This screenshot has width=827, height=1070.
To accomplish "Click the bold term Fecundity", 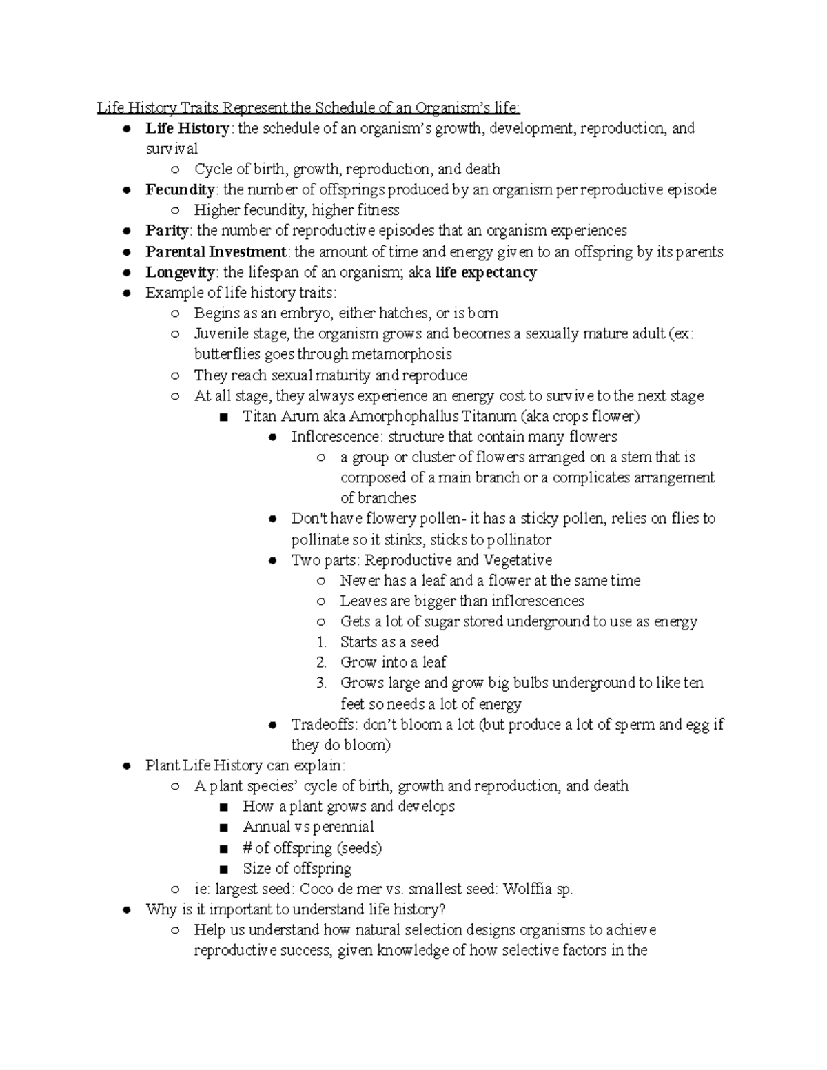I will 180,189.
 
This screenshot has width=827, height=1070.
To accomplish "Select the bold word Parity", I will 167,231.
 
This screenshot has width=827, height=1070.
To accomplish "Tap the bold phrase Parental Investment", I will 216,251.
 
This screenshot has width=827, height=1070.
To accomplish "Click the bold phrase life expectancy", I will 486,272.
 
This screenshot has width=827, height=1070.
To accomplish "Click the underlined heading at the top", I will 309,107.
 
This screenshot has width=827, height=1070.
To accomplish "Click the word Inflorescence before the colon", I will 336,437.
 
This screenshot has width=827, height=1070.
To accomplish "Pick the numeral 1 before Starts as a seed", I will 321,642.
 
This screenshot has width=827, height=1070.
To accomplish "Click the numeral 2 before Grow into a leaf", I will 321,663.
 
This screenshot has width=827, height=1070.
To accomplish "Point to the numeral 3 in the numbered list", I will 321,683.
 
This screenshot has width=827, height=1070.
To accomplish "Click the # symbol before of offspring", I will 247,848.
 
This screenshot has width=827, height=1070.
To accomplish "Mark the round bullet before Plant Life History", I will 126,766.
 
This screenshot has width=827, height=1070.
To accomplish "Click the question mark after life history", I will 442,909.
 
